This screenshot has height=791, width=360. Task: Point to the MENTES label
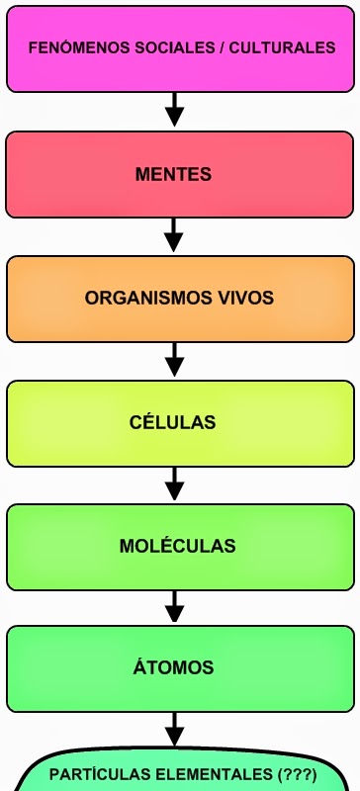click(x=173, y=175)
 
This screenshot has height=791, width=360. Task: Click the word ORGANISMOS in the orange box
click(x=148, y=298)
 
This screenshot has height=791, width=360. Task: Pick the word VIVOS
click(x=245, y=298)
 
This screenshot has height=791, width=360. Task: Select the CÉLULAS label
click(x=173, y=421)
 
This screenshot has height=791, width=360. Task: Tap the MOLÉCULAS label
click(x=177, y=545)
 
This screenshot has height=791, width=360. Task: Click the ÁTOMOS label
click(x=173, y=666)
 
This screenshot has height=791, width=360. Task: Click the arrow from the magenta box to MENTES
click(x=174, y=109)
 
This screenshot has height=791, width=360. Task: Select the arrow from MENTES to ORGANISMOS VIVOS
click(x=174, y=234)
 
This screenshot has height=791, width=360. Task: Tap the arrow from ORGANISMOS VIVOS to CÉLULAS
click(x=174, y=359)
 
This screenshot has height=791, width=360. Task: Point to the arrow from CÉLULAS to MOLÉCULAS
click(x=174, y=483)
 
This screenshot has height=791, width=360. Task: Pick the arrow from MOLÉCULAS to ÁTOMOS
click(x=174, y=607)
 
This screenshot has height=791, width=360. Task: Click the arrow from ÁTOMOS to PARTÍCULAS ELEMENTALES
click(x=174, y=730)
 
